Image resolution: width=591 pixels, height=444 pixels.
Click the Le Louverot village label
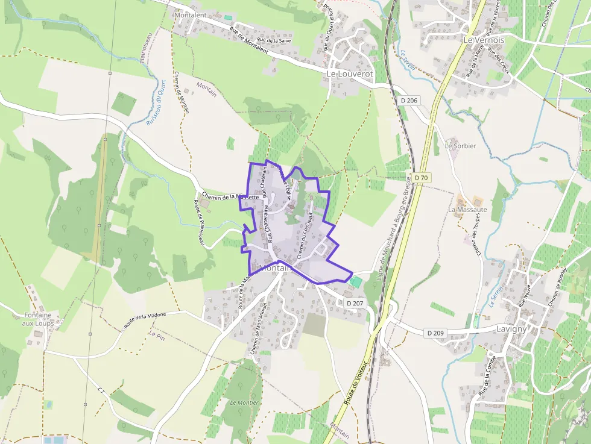click(350, 73)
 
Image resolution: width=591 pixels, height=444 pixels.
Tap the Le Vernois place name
click(484, 39)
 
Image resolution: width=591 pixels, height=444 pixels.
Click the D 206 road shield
click(409, 100)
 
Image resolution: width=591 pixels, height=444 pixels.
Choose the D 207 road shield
click(355, 303)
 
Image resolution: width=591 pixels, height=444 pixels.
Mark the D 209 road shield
click(435, 333)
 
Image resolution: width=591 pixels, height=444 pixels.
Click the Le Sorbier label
click(461, 146)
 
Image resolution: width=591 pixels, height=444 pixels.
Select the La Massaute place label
click(467, 210)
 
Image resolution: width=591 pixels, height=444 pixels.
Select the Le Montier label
click(244, 402)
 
